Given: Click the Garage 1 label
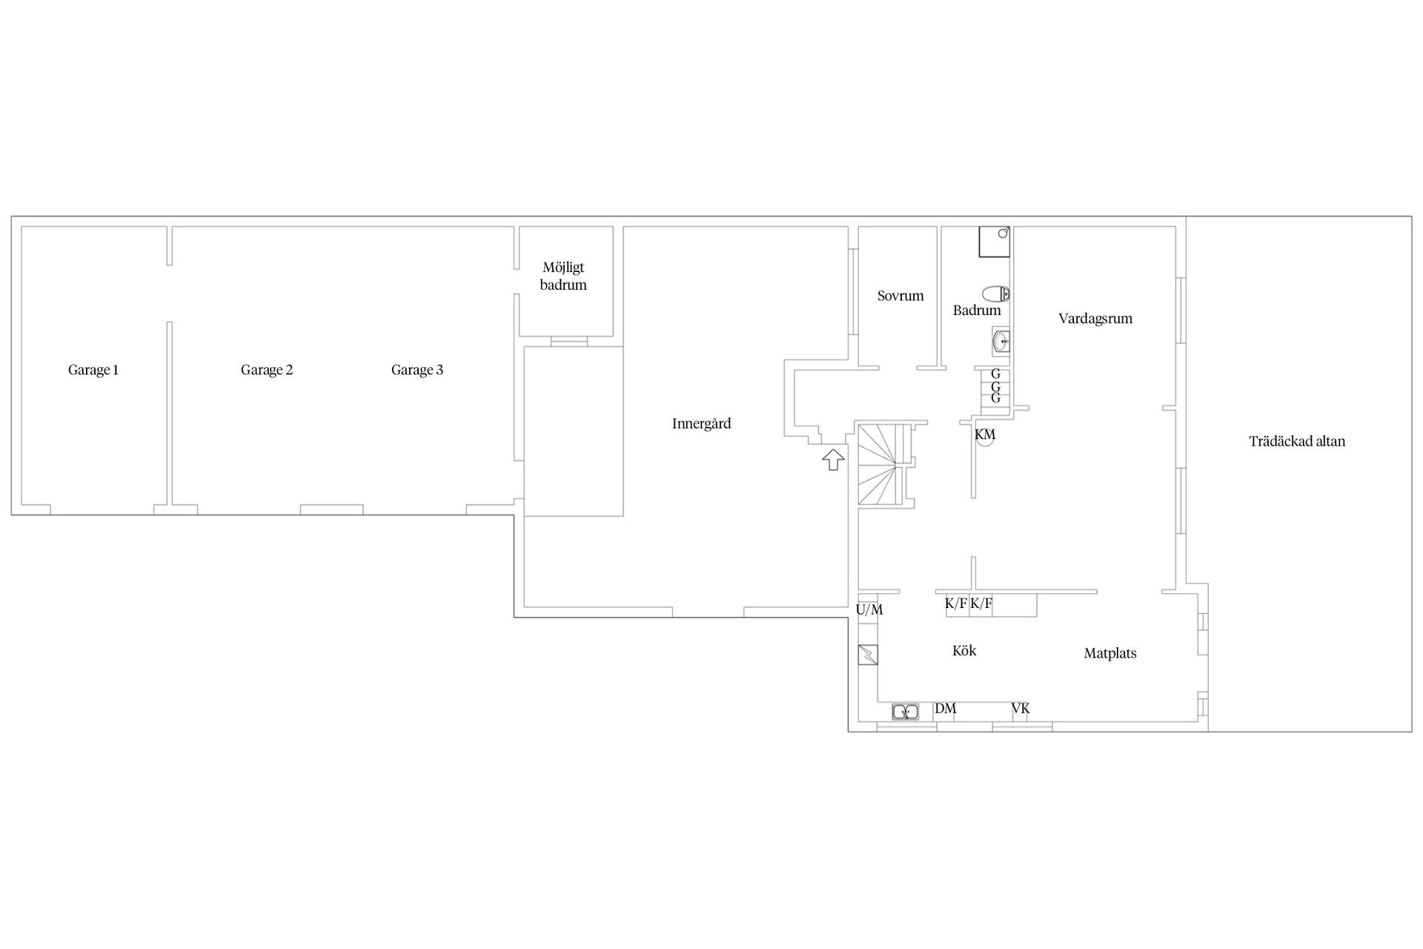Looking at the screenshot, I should click(x=93, y=370).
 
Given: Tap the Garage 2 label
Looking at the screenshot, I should click(x=267, y=370).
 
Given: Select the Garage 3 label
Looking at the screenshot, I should click(x=417, y=370).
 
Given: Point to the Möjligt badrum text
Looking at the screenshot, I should click(x=564, y=277).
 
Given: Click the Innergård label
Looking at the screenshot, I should click(x=701, y=424).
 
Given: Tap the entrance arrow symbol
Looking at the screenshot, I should click(x=833, y=460).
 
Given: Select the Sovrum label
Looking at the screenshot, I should click(x=900, y=296).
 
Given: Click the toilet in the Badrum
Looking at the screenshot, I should click(x=996, y=294).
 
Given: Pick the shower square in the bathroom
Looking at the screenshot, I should click(x=995, y=242).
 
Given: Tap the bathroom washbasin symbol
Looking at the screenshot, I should click(x=1001, y=342).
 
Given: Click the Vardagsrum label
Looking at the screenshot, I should click(x=1095, y=319).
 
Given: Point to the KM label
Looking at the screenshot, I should click(x=985, y=434).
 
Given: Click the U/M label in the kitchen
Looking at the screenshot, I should click(x=869, y=610).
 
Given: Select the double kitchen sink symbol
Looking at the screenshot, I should click(x=906, y=712).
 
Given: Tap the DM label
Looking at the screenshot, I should click(x=945, y=709).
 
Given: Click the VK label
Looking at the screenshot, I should click(x=1021, y=709).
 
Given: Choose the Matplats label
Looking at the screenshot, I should click(x=1109, y=653).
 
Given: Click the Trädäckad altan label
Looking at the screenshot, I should click(x=1296, y=441).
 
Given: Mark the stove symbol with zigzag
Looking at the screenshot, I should click(x=868, y=655).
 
